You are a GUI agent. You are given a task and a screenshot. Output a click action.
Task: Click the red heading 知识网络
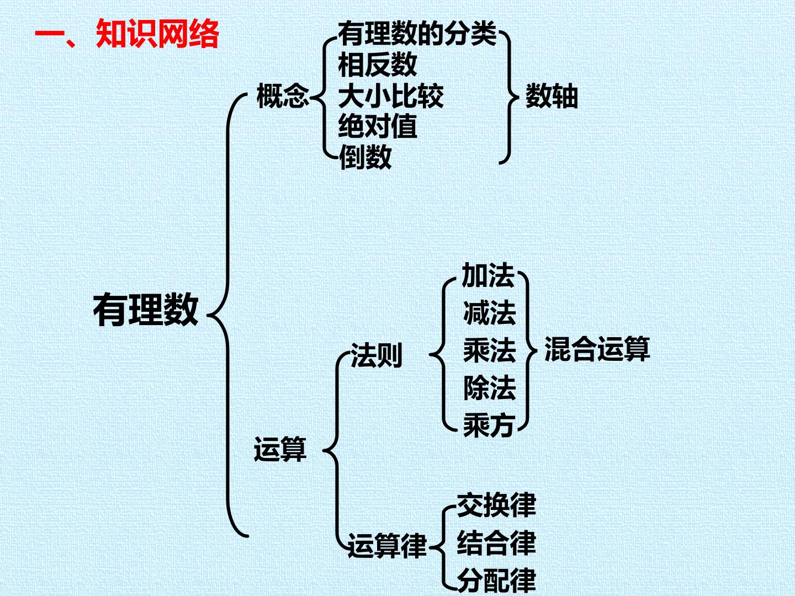(157, 34)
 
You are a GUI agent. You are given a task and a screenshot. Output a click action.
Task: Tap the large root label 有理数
(146, 310)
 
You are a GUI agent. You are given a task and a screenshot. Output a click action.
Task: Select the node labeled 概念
(283, 96)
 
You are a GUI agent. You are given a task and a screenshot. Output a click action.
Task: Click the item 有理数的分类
(417, 34)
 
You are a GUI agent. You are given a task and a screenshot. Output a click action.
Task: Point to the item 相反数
(378, 65)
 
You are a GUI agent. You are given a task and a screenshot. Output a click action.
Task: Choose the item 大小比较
(391, 96)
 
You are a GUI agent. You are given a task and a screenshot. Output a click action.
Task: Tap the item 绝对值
(378, 126)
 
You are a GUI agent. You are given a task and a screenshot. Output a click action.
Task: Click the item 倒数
(365, 157)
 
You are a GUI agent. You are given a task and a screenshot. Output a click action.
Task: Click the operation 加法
(488, 275)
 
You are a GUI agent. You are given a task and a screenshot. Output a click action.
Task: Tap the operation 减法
(489, 313)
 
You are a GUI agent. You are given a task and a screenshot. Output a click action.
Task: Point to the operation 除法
(490, 387)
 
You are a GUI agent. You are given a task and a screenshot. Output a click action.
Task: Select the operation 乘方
(489, 425)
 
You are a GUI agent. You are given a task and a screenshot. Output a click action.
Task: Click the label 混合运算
(597, 349)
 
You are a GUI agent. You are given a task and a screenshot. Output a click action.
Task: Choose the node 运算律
(388, 545)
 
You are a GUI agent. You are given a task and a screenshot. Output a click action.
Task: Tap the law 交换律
(496, 505)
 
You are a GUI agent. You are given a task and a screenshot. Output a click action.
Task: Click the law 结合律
(496, 543)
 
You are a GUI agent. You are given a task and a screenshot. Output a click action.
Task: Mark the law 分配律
(496, 581)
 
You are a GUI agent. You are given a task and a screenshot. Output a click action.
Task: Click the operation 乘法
(490, 350)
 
